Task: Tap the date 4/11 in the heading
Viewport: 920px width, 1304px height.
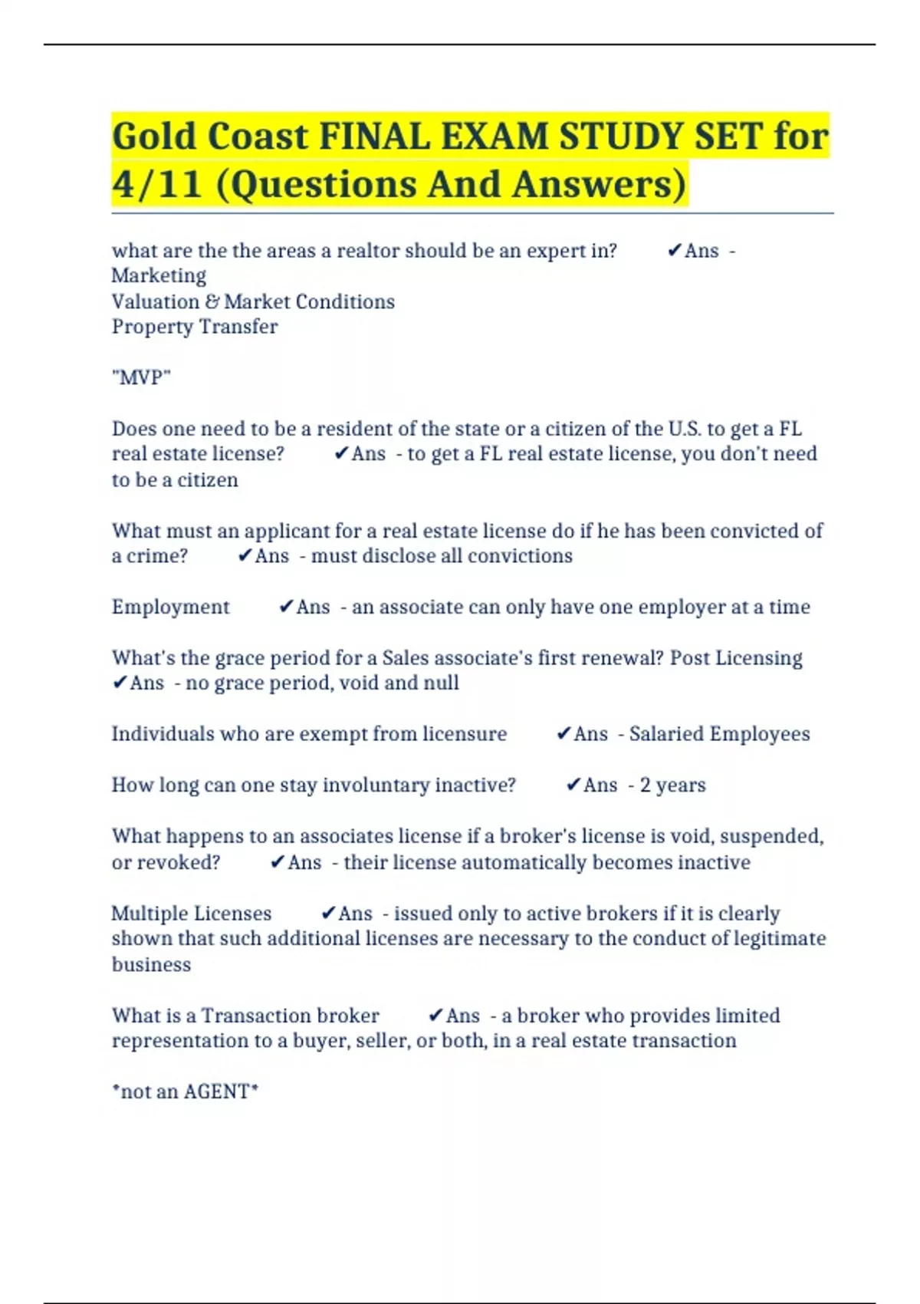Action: [x=157, y=185]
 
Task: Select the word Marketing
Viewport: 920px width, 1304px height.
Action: [x=159, y=276]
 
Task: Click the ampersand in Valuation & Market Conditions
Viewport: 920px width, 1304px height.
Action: [x=212, y=301]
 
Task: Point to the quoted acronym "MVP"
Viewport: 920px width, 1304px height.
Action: [x=141, y=377]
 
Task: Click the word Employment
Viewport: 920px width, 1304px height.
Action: [x=170, y=608]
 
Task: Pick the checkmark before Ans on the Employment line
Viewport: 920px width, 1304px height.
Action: [x=286, y=607]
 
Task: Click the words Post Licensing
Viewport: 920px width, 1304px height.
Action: [x=736, y=658]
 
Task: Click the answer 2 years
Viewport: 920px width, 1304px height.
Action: [x=672, y=785]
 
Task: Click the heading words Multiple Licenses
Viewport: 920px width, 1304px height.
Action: [x=192, y=914]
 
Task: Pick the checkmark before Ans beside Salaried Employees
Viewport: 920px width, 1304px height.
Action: [x=563, y=734]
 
